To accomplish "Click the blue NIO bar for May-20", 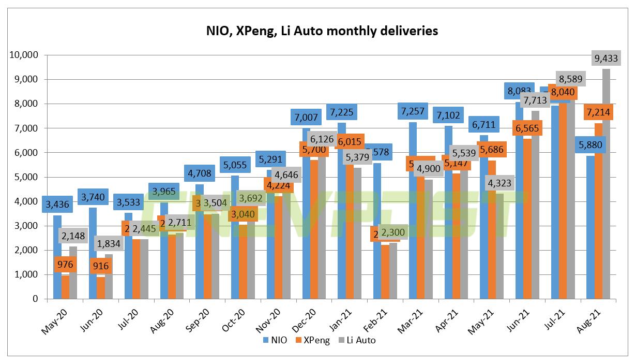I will pos(57,259).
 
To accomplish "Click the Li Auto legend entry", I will pos(356,340).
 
